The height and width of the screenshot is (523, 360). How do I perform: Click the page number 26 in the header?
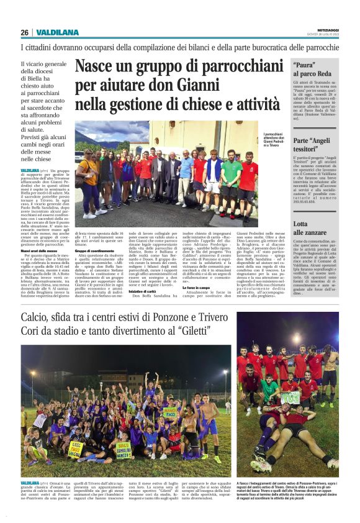(24, 32)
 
